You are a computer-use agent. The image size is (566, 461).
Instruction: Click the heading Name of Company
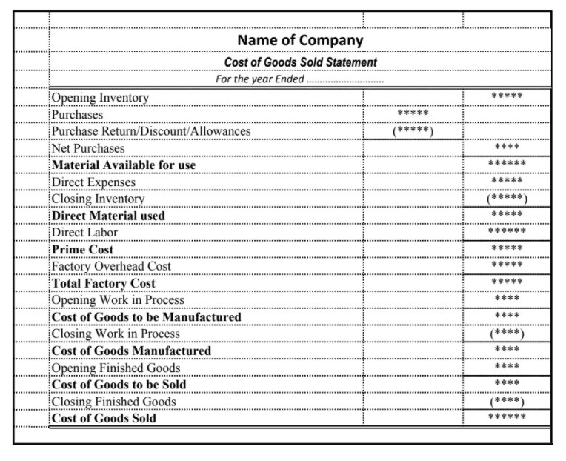click(300, 40)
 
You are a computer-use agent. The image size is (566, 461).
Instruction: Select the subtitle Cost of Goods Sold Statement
click(300, 62)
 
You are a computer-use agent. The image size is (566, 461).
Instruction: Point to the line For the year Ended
click(299, 79)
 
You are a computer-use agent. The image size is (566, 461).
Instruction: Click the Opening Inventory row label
click(100, 98)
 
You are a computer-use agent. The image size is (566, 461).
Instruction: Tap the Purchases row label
click(77, 115)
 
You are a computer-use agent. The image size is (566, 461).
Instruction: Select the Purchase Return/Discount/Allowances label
click(151, 131)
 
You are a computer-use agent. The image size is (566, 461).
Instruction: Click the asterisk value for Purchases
click(413, 114)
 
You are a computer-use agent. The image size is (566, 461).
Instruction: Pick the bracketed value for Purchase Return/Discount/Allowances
click(413, 131)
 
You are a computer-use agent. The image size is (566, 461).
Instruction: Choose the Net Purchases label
click(88, 148)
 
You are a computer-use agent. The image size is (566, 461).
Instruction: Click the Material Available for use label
click(124, 165)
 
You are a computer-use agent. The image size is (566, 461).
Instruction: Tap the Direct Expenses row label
click(93, 182)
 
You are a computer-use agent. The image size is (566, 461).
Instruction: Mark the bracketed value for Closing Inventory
click(507, 199)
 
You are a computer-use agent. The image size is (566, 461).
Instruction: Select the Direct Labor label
click(84, 232)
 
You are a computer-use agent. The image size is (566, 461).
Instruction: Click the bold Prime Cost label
click(82, 249)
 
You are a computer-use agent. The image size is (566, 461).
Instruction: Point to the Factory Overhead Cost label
click(111, 266)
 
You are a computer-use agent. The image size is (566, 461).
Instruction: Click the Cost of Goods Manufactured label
click(131, 351)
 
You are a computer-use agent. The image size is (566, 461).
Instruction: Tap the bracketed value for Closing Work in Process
click(507, 334)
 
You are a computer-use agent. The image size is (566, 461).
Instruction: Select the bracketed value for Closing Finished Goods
click(507, 402)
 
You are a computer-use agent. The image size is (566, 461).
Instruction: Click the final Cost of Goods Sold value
click(507, 418)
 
